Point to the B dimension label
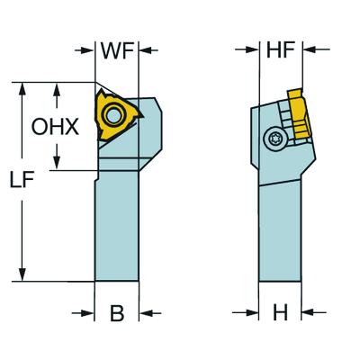click(x=117, y=314)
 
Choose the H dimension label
click(x=280, y=314)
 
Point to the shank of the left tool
click(x=117, y=225)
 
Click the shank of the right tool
click(x=280, y=229)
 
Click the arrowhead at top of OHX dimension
click(x=58, y=89)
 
